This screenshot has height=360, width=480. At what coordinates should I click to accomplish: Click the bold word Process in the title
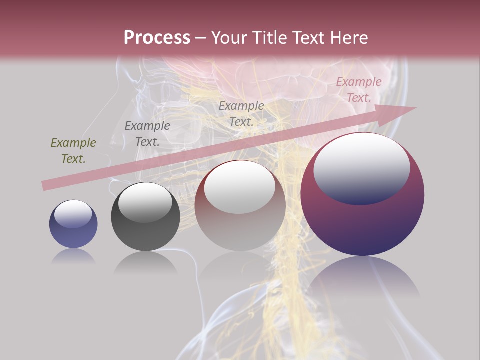157,38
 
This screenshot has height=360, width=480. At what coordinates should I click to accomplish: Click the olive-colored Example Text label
73,151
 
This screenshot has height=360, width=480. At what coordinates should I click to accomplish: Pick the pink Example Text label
358,90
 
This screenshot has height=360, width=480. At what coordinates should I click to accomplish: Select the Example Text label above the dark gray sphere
147,134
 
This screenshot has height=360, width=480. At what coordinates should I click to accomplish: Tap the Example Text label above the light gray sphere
241,114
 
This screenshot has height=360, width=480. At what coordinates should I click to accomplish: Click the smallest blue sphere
73,224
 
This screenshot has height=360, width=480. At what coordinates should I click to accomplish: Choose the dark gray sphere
145,217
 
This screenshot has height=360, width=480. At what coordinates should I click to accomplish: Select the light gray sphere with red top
240,206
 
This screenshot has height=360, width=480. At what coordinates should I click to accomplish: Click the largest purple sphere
362,194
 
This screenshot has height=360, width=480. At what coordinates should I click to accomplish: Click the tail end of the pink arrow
44,186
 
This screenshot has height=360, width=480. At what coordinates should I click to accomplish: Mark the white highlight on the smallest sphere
73,214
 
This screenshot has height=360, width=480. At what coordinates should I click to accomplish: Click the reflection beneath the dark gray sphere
145,263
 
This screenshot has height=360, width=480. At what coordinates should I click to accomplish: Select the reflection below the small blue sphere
73,256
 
